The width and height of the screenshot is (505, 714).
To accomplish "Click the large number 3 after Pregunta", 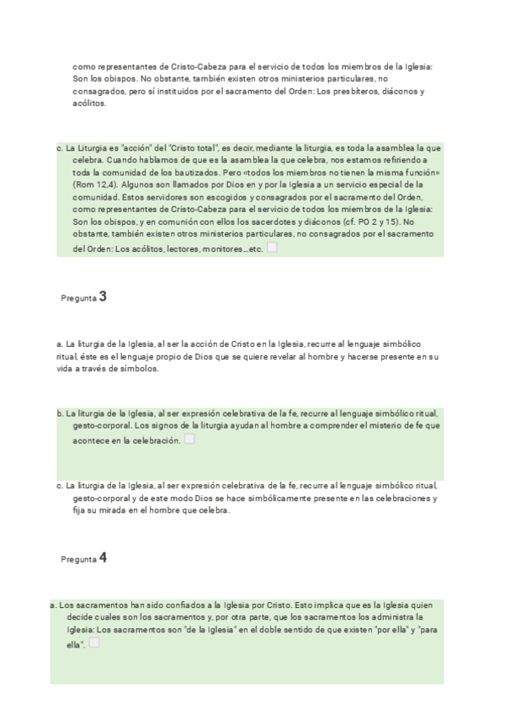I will click(x=103, y=296).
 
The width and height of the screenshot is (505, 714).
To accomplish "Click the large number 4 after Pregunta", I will click(x=103, y=557).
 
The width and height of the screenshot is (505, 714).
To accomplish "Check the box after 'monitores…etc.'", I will click(x=272, y=248).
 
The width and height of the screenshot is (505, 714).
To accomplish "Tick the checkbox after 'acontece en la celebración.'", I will click(x=189, y=440).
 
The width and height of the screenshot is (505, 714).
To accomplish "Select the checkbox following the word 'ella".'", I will click(x=93, y=643).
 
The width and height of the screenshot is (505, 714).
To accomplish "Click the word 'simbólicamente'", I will click(x=230, y=498).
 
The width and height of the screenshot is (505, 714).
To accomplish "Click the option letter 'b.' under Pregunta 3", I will click(x=61, y=413).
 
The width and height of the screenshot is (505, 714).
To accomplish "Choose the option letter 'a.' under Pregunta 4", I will click(x=54, y=605).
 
